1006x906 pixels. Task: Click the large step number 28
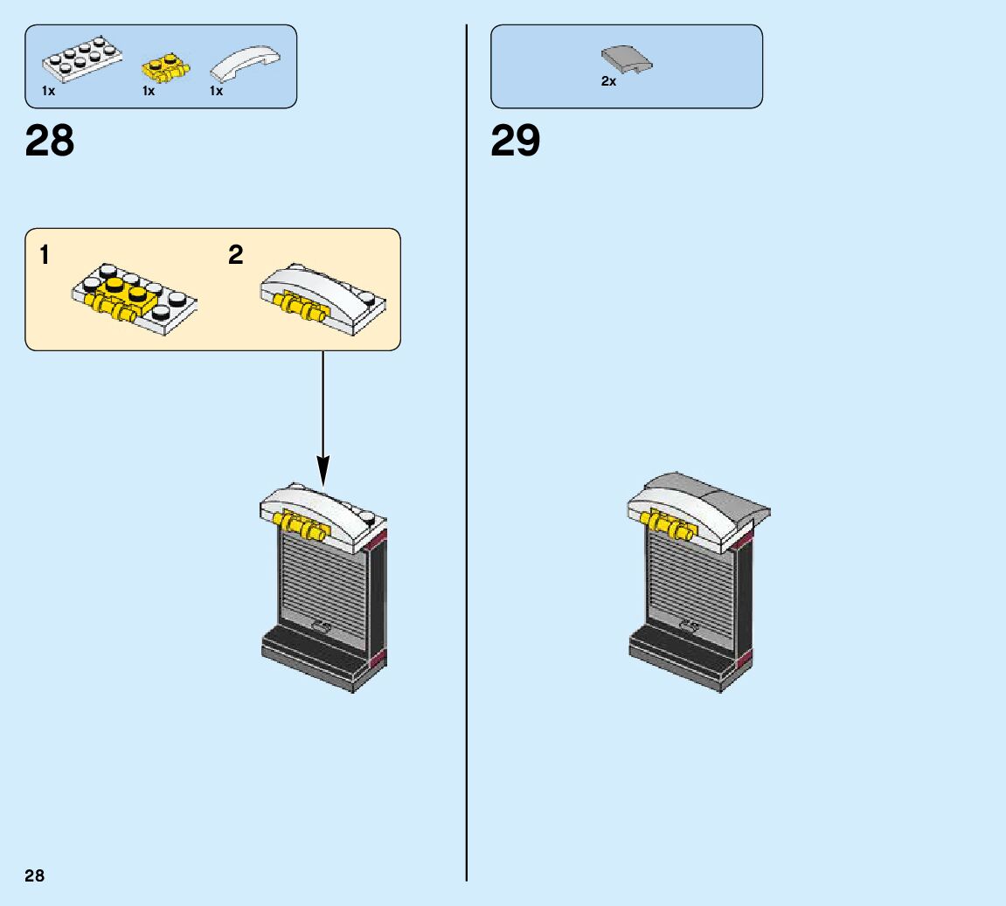click(50, 141)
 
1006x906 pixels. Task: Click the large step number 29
click(515, 141)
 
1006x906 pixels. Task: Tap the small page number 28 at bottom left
click(34, 876)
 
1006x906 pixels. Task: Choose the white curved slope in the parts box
click(246, 65)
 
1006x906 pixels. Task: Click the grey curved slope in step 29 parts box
click(627, 59)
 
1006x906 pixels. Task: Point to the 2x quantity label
click(608, 81)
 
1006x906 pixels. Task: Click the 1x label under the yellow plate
click(149, 91)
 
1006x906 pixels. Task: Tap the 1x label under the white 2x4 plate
click(48, 91)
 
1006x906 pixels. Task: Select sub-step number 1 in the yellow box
click(45, 255)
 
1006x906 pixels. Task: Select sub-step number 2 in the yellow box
click(235, 255)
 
